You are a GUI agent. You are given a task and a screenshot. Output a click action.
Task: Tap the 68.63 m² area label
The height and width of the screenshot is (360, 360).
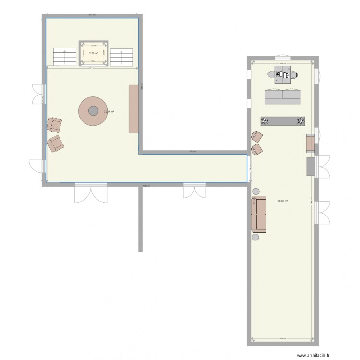tap(283, 201)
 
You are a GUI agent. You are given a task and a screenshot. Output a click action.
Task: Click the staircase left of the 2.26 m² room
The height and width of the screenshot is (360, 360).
tap(64, 57)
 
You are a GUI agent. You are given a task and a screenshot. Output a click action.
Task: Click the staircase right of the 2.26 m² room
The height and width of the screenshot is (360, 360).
tap(122, 57)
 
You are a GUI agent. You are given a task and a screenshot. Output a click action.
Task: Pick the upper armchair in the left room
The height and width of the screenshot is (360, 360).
tap(55, 125)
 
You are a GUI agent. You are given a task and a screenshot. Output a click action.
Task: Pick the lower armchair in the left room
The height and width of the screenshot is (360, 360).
tap(56, 143)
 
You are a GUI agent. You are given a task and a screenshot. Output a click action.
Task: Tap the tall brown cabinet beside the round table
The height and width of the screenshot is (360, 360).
tap(133, 109)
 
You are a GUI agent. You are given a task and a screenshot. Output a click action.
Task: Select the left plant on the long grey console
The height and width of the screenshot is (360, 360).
tap(264, 120)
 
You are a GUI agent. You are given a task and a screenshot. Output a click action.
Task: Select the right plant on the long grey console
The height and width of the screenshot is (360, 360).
tap(301, 120)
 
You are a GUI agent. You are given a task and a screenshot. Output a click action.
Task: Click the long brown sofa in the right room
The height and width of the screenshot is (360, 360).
tap(259, 215)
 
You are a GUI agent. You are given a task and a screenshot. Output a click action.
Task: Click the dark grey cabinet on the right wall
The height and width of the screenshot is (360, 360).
tap(311, 167)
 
